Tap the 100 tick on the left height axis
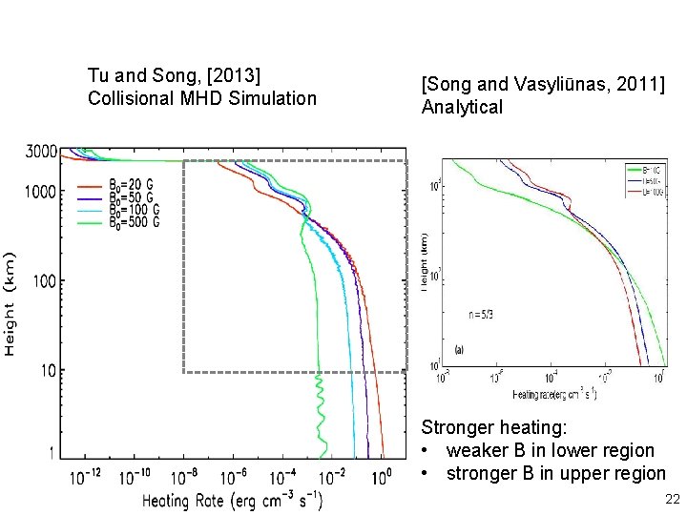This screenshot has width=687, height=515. click(45, 280)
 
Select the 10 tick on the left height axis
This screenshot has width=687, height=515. click(49, 370)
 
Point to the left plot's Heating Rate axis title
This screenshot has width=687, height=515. click(233, 499)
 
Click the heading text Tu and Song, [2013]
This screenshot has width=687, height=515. click(175, 75)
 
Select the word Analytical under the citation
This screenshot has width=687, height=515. click(462, 108)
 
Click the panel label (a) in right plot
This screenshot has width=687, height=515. click(460, 348)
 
